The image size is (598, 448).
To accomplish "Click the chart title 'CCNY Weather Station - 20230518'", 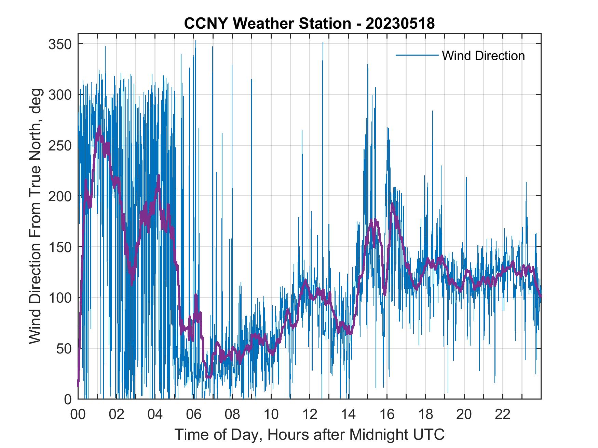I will (x=309, y=24).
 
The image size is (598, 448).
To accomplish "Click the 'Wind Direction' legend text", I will (x=483, y=56).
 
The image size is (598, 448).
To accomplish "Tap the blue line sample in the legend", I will (x=417, y=55).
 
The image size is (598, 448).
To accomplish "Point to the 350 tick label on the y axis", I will (x=59, y=44).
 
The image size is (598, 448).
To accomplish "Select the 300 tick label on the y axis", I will (x=59, y=95).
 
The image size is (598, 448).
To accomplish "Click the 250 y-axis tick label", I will (x=59, y=146).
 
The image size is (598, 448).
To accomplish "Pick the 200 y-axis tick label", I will (x=59, y=196).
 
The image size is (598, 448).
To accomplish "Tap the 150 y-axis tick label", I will (x=59, y=247).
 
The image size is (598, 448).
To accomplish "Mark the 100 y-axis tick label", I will (x=59, y=298).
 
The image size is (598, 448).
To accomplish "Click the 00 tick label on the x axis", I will (x=78, y=415).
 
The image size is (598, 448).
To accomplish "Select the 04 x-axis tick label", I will (x=155, y=415).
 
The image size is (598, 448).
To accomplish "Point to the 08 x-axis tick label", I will (x=232, y=415).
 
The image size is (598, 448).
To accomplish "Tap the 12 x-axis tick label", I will (x=310, y=415).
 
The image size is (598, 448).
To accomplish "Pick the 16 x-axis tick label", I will (x=387, y=415).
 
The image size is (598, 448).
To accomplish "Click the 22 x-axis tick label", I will (x=503, y=415).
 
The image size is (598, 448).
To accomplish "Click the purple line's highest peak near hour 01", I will (x=99, y=126).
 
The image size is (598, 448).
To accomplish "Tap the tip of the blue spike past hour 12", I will (x=323, y=43).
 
